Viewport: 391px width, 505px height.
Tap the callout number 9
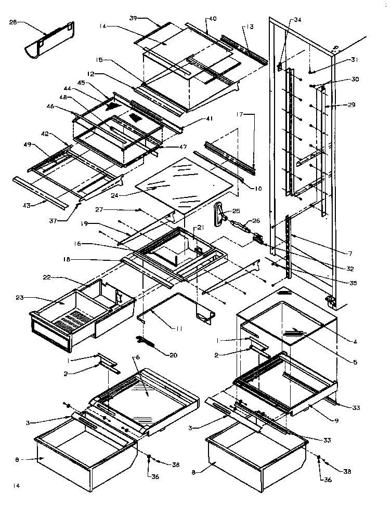click(336, 420)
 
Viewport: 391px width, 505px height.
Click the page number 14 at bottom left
click(17, 486)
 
